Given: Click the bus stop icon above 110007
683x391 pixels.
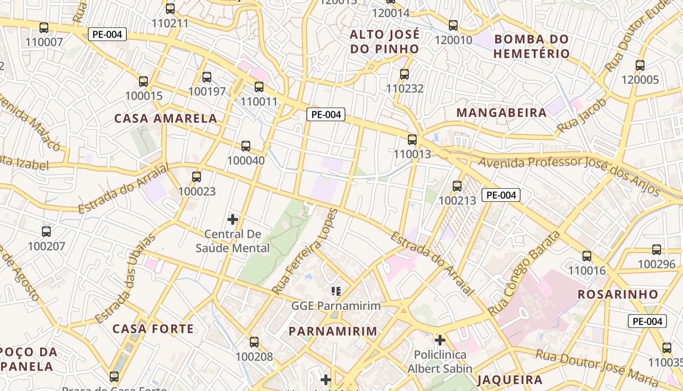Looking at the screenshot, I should tap(44, 28).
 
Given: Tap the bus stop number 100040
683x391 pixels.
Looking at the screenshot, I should tap(246, 160).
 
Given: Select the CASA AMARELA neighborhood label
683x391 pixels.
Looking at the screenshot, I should tap(165, 118).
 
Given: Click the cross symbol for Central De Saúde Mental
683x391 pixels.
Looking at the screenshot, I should tap(233, 219).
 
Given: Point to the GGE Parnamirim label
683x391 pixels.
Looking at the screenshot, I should tap(336, 306).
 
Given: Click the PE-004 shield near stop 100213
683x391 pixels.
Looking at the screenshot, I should tap(501, 195).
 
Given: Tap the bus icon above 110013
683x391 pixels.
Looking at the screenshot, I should tap(412, 140).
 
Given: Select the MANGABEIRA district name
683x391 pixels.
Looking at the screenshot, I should tap(502, 113).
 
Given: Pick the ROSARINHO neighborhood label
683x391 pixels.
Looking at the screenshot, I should tap(618, 294).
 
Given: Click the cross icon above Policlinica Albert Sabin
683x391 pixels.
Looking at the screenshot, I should tap(440, 340).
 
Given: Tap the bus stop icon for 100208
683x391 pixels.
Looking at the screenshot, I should tap(254, 342).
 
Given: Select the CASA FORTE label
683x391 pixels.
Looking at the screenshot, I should tap(153, 328).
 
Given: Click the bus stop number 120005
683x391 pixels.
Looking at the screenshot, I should tap(640, 80).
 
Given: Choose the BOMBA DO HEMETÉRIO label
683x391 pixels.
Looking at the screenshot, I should tap(532, 46).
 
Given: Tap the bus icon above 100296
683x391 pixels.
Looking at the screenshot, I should tap(657, 250).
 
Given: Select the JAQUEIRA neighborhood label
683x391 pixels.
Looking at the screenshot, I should tap(510, 380).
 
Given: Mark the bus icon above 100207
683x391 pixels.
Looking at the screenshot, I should tap(46, 232).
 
